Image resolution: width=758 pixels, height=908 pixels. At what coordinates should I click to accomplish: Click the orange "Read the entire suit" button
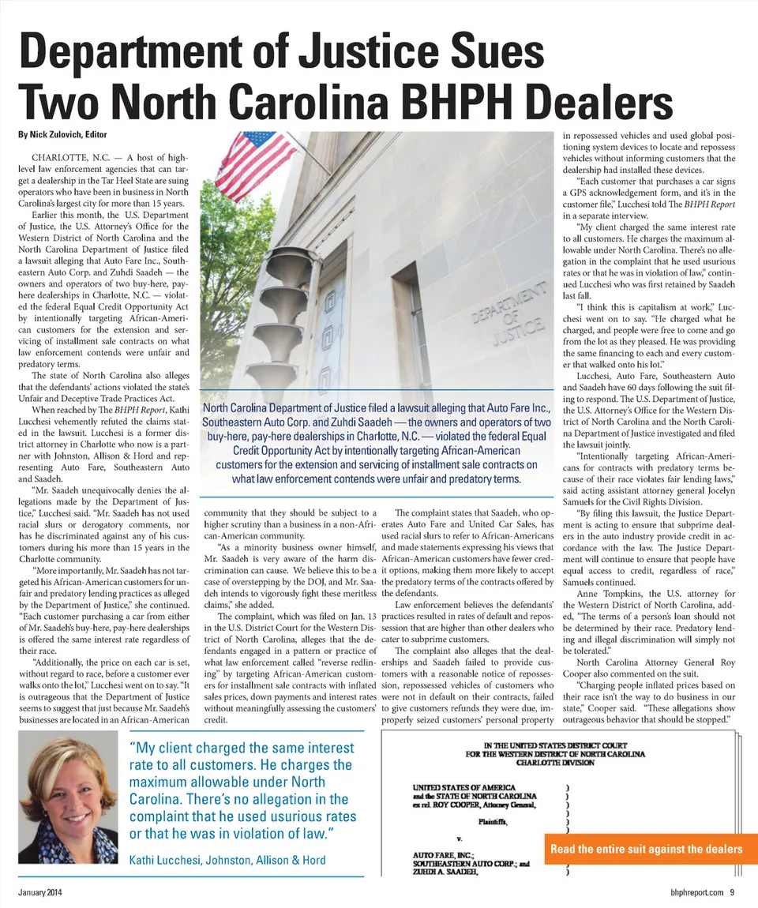646,849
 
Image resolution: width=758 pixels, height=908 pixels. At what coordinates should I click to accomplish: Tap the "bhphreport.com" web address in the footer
692,893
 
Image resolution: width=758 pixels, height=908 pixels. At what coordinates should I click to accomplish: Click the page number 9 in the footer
733,893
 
